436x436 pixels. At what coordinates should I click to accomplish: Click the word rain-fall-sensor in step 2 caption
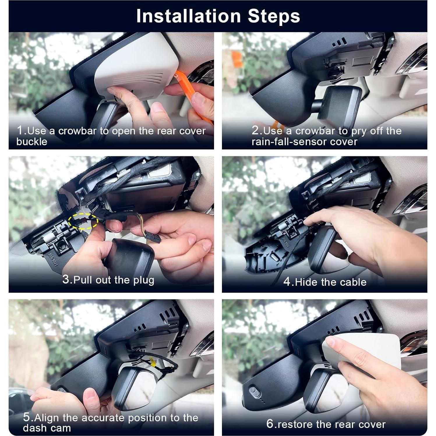[x=284, y=142]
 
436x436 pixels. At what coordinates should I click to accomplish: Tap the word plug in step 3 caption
[x=144, y=280]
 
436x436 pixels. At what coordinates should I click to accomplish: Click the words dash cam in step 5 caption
[x=47, y=428]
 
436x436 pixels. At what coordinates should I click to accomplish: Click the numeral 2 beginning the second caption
[x=255, y=130]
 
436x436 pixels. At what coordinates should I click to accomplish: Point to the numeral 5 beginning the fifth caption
[x=27, y=417]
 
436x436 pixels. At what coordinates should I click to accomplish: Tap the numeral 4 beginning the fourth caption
[x=287, y=282]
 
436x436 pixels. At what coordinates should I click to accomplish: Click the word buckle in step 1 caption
[x=32, y=142]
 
